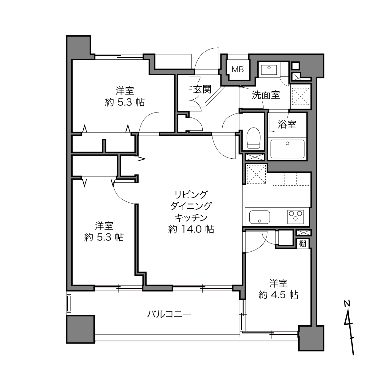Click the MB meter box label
(238, 69)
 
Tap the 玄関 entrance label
(202, 89)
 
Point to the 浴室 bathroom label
(287, 124)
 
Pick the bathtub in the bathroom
(287, 149)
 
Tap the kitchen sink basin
(260, 217)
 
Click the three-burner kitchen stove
(296, 216)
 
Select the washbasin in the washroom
(269, 69)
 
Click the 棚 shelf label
(302, 244)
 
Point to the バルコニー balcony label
(169, 314)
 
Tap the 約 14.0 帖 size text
(191, 229)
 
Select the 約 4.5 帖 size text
(278, 295)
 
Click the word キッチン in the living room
(191, 218)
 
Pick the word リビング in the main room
(191, 194)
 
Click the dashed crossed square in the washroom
(301, 96)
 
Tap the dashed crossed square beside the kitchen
(256, 174)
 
